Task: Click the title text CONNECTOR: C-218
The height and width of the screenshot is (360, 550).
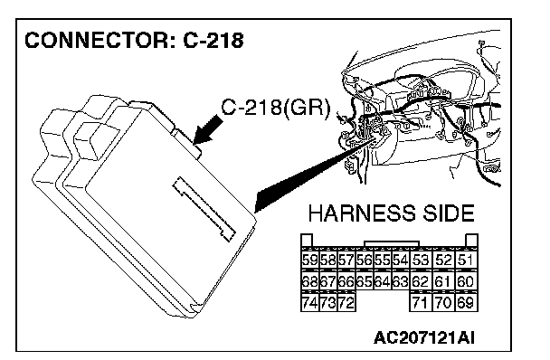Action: (134, 40)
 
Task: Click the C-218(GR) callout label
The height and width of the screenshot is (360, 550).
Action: (276, 107)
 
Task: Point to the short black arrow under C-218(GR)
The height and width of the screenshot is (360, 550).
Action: (208, 130)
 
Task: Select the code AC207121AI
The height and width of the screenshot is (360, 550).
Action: (424, 338)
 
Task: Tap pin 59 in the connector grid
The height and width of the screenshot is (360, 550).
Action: (310, 260)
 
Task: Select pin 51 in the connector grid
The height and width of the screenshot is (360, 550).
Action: (466, 260)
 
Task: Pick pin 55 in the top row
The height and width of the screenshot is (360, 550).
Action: (383, 260)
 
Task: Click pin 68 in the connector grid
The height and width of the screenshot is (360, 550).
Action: (310, 281)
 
